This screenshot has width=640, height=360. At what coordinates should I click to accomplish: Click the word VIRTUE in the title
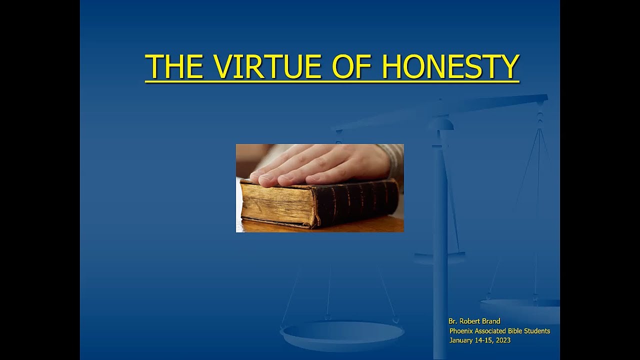coord(268,66)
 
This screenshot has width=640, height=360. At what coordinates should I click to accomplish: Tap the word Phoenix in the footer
coord(460,331)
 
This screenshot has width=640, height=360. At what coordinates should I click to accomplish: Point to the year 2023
coord(503,340)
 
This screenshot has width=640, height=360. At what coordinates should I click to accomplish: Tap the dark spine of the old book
coord(357,203)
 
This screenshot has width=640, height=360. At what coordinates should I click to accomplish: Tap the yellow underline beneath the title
coord(332,82)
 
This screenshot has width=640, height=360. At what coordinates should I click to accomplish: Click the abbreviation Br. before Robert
coord(453,321)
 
